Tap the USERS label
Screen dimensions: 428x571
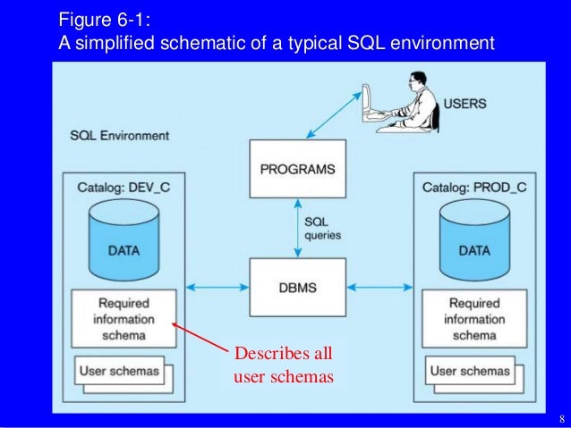[464, 104]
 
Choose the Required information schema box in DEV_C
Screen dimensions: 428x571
[123, 319]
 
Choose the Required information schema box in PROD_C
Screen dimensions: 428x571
[474, 319]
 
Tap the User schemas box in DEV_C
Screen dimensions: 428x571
[120, 371]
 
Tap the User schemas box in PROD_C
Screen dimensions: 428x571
[471, 371]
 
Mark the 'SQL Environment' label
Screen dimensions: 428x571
[119, 136]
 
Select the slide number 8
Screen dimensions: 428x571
[560, 419]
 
